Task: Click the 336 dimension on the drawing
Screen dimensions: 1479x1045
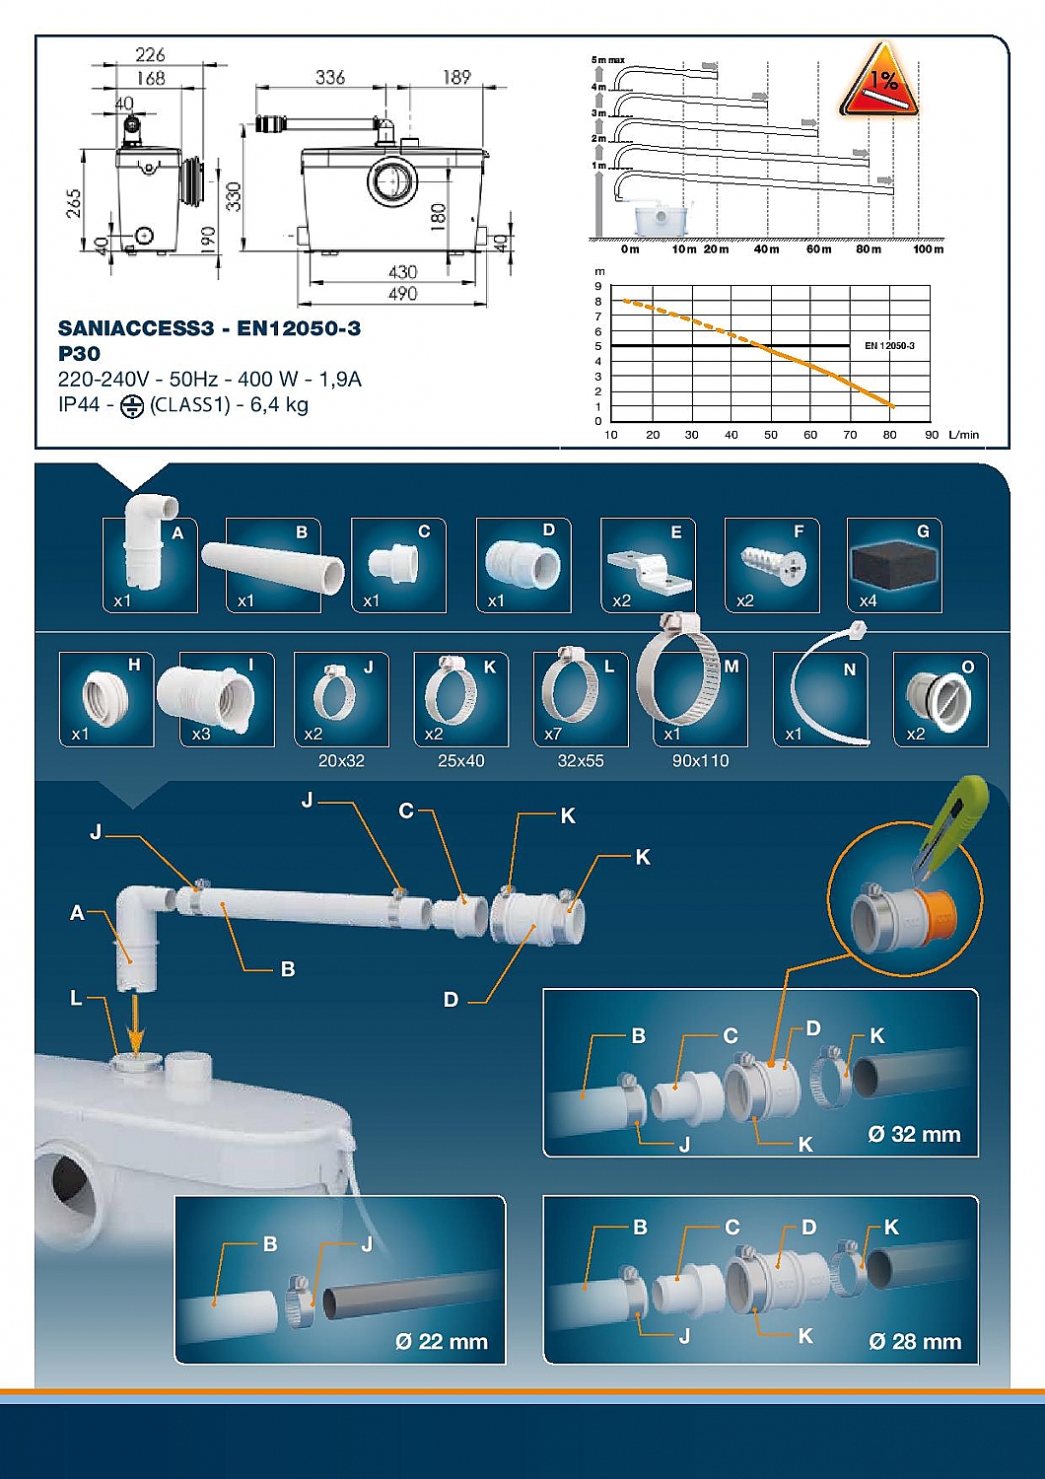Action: (x=329, y=77)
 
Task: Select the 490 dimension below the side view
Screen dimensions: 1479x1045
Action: (x=402, y=294)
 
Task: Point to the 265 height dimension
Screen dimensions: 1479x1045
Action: (x=74, y=204)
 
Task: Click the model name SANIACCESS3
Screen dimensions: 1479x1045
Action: (x=135, y=328)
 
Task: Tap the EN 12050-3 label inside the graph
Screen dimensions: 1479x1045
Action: (x=889, y=346)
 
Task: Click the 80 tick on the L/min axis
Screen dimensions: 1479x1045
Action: (x=889, y=435)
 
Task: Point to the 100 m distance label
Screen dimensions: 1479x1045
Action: (x=927, y=249)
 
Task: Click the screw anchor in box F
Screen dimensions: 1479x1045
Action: (x=773, y=567)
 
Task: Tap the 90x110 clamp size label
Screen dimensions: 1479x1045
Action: (x=700, y=761)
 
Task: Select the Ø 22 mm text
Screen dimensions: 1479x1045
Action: (x=442, y=1342)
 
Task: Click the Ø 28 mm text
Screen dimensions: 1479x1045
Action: (x=915, y=1342)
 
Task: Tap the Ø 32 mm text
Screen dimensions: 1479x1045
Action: (x=914, y=1135)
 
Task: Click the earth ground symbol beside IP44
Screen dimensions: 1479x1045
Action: (x=131, y=406)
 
